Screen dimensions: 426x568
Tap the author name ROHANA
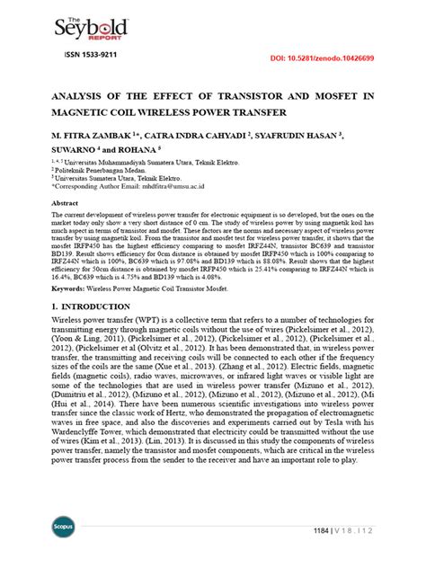135,150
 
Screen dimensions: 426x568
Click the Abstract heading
67,204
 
